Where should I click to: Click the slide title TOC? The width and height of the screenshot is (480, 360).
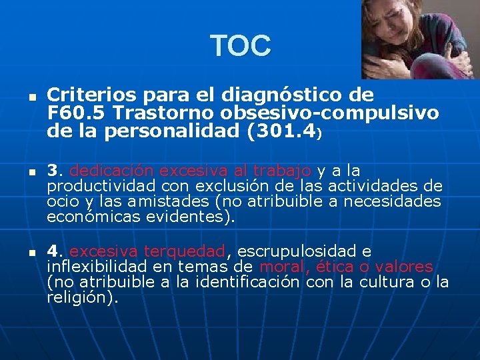pyautogui.click(x=241, y=46)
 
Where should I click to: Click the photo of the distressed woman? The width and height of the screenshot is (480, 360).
pyautogui.click(x=421, y=39)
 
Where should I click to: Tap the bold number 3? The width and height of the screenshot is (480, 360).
pyautogui.click(x=53, y=171)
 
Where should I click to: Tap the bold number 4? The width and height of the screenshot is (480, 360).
pyautogui.click(x=53, y=251)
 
